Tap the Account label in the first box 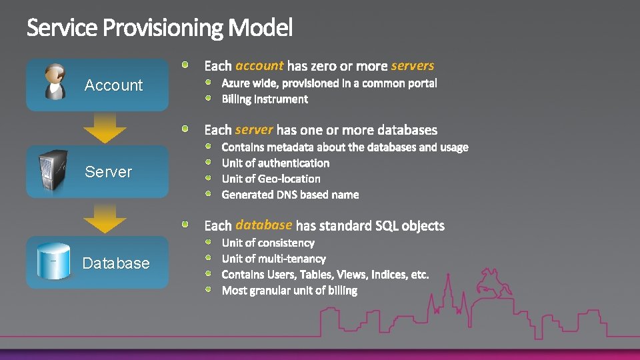(x=113, y=85)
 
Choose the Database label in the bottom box (x=116, y=263)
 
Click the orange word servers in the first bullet (x=413, y=65)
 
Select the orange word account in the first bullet (x=259, y=65)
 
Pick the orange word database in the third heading (x=264, y=225)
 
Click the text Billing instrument (x=265, y=99)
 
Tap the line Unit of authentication (x=275, y=163)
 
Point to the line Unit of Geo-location (x=271, y=179)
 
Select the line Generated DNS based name (x=290, y=195)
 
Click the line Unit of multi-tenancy (x=273, y=259)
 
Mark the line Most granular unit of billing (x=289, y=291)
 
